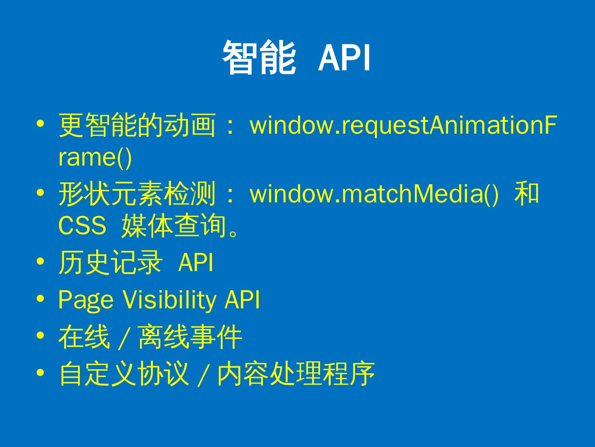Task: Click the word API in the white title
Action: (x=345, y=58)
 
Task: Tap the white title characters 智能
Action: (x=259, y=57)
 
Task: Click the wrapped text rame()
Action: (x=95, y=158)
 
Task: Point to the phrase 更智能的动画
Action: (x=137, y=125)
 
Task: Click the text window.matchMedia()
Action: (x=374, y=194)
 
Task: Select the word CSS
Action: (x=82, y=225)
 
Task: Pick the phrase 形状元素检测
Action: (x=137, y=193)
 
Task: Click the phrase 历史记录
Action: (x=111, y=262)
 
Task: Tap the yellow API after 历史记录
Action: (x=196, y=262)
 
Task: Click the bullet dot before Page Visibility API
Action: (x=40, y=299)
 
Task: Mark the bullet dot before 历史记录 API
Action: (x=40, y=261)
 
